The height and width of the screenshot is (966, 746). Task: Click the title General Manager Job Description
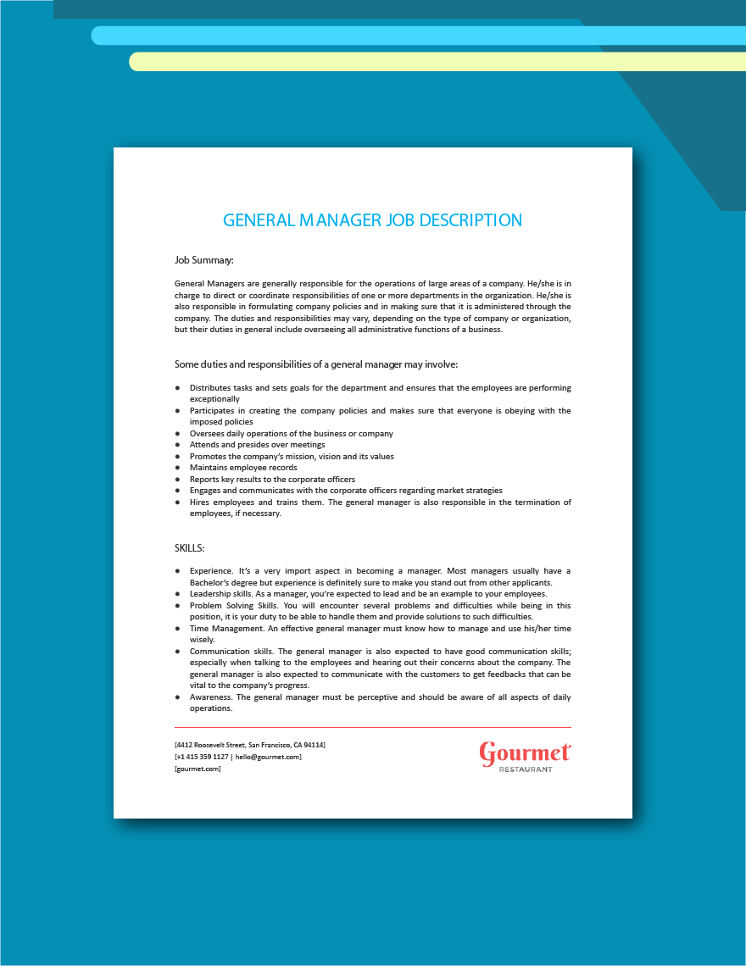tap(372, 220)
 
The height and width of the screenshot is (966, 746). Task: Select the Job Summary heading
tap(203, 260)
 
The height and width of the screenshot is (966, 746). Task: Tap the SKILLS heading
tap(189, 548)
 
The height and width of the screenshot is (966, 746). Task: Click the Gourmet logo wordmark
tap(525, 752)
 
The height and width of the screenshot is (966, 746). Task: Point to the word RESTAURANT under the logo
tap(526, 769)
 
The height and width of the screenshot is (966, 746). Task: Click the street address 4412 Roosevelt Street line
tap(250, 745)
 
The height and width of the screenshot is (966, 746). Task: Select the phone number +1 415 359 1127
tap(202, 757)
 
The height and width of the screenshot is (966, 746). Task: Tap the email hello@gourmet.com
tap(268, 757)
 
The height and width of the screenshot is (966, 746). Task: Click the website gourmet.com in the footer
tap(198, 769)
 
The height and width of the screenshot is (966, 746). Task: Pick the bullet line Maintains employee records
tap(243, 468)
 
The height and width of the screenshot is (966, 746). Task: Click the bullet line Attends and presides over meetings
tap(257, 445)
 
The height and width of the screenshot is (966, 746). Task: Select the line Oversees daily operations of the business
tap(291, 434)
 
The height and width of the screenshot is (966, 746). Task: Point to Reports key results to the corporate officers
tap(272, 480)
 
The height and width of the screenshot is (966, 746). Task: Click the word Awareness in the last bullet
tap(210, 697)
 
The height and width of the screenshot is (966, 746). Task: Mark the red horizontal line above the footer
tap(372, 727)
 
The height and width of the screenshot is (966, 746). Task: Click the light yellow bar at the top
tap(424, 62)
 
